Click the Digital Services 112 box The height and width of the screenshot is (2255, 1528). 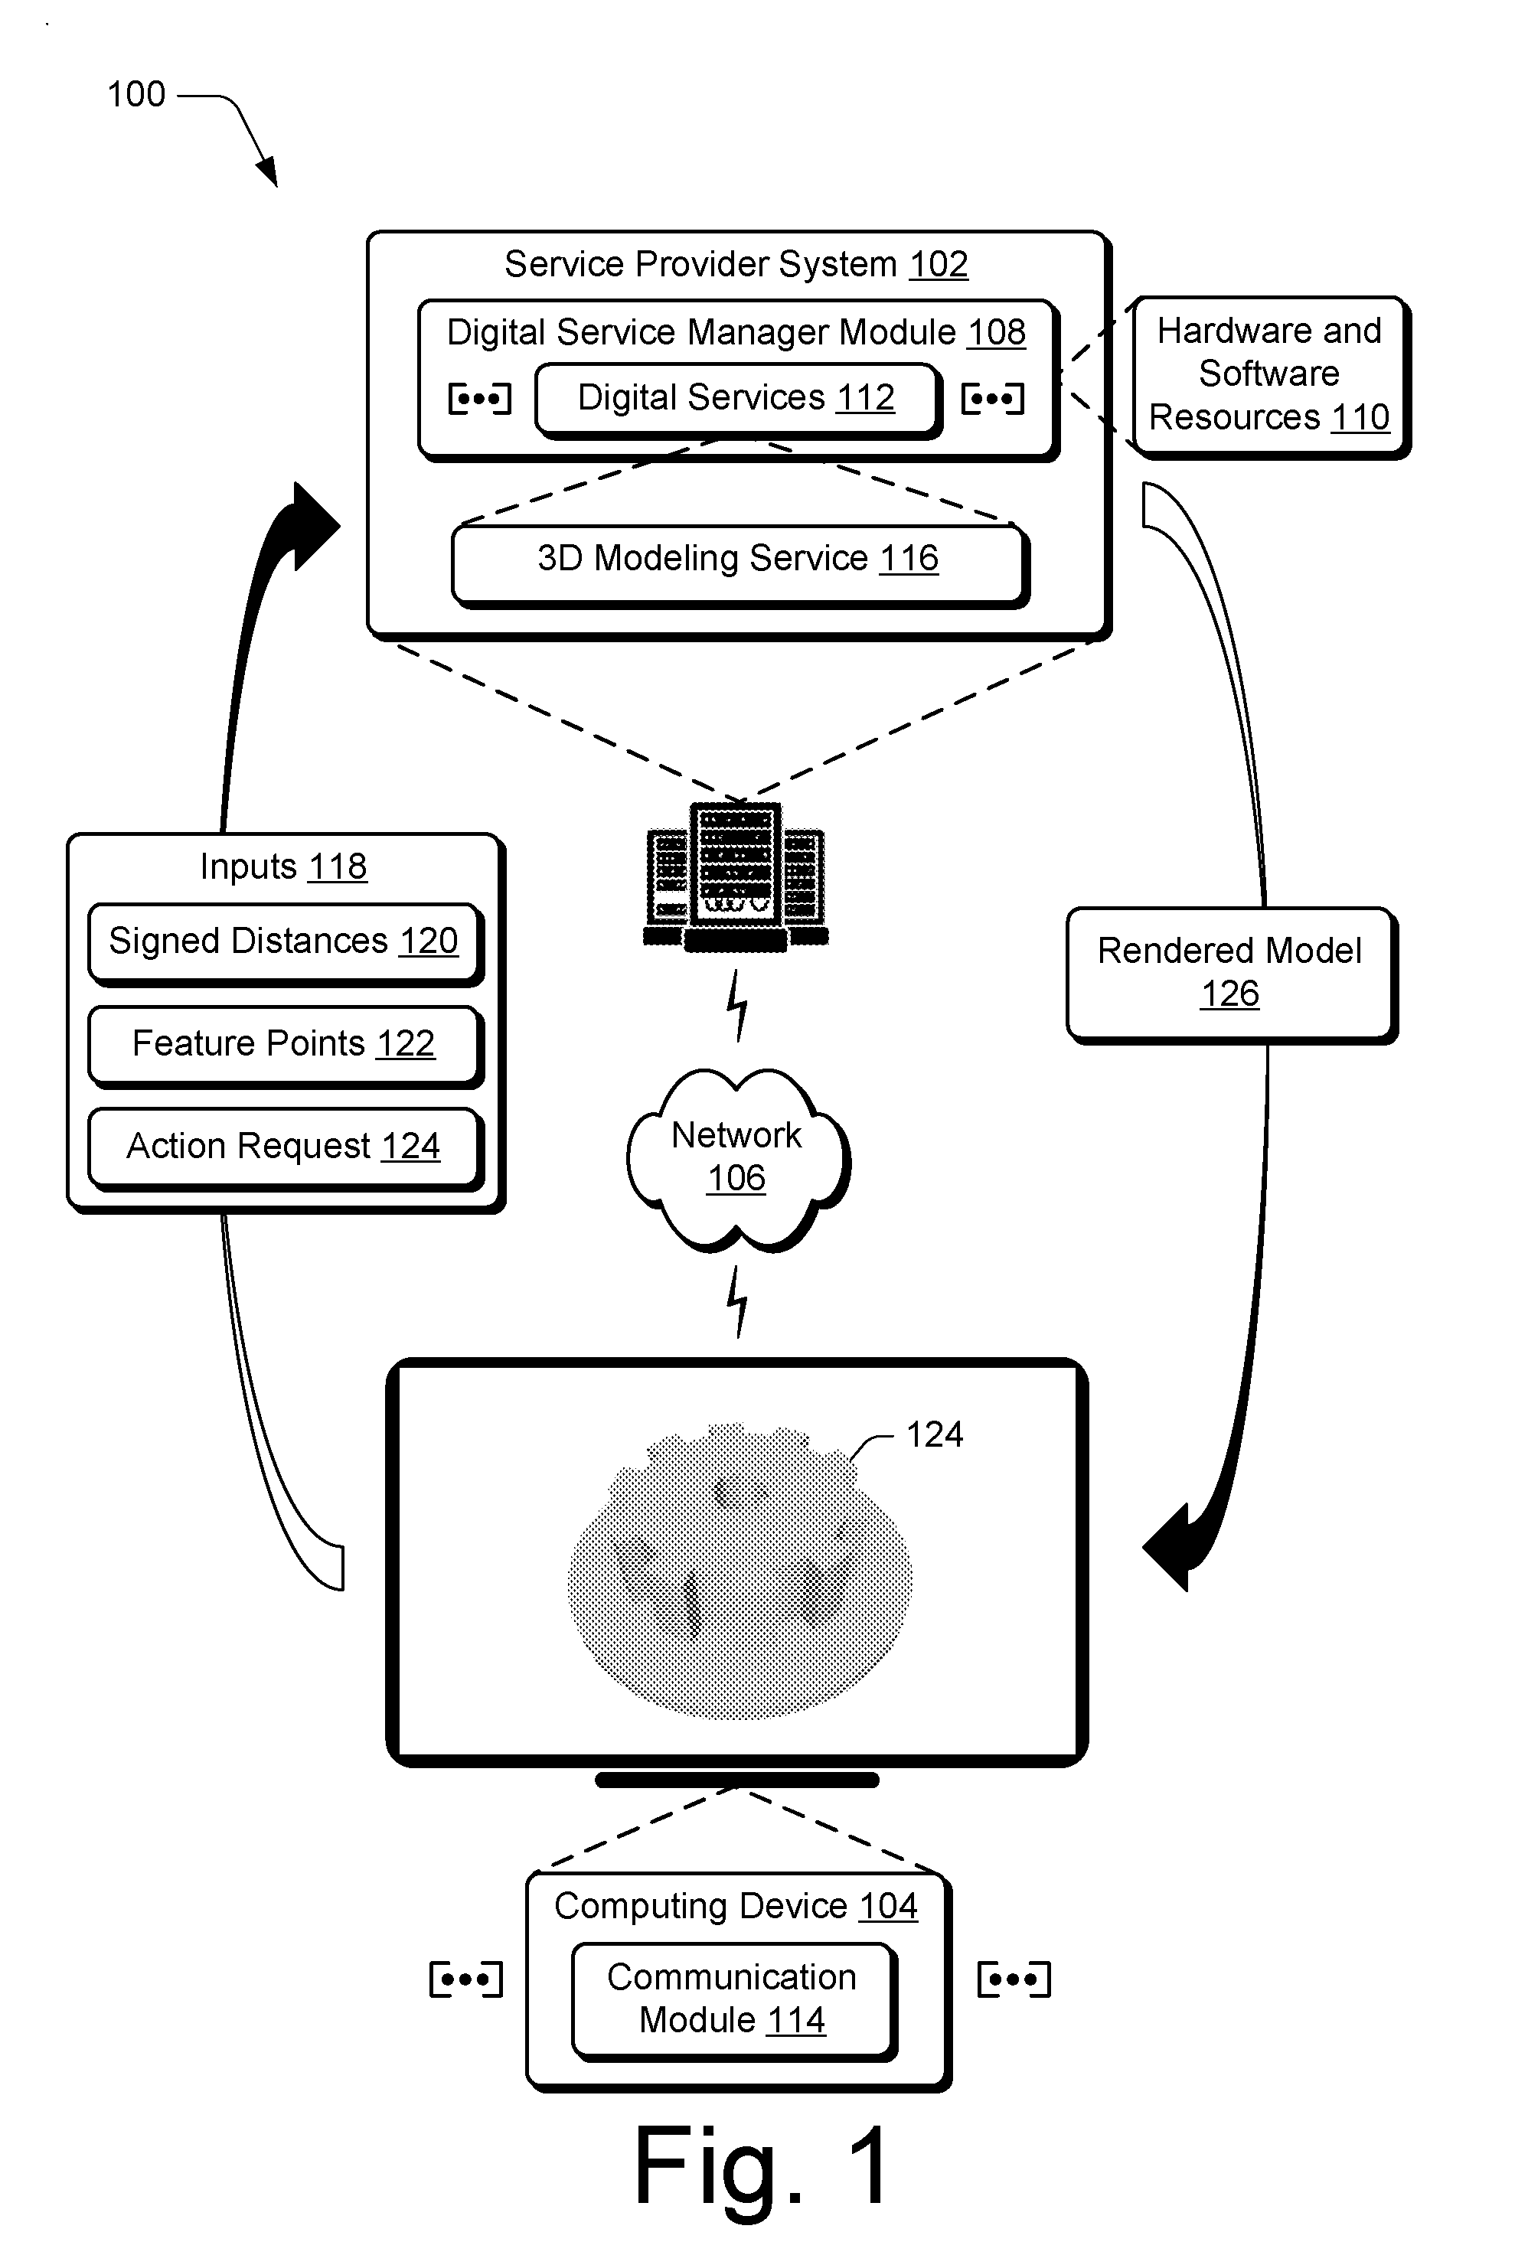[x=737, y=401]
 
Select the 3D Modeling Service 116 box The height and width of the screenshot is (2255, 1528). [x=740, y=565]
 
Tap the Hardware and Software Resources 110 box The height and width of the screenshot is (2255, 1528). [x=1271, y=377]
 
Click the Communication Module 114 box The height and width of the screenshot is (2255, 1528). [x=733, y=2001]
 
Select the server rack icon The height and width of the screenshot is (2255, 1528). [x=736, y=876]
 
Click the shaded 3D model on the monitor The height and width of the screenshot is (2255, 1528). [x=740, y=1572]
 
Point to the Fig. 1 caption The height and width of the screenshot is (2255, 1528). [x=762, y=2167]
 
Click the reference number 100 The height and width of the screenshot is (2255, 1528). [x=135, y=95]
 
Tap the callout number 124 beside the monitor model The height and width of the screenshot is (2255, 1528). [x=934, y=1434]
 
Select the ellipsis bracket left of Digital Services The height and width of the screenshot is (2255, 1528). [x=479, y=399]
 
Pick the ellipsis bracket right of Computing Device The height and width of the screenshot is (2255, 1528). [x=1014, y=1979]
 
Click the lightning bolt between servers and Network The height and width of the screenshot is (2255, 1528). [x=738, y=1007]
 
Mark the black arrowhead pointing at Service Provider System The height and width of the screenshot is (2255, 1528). [x=312, y=526]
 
